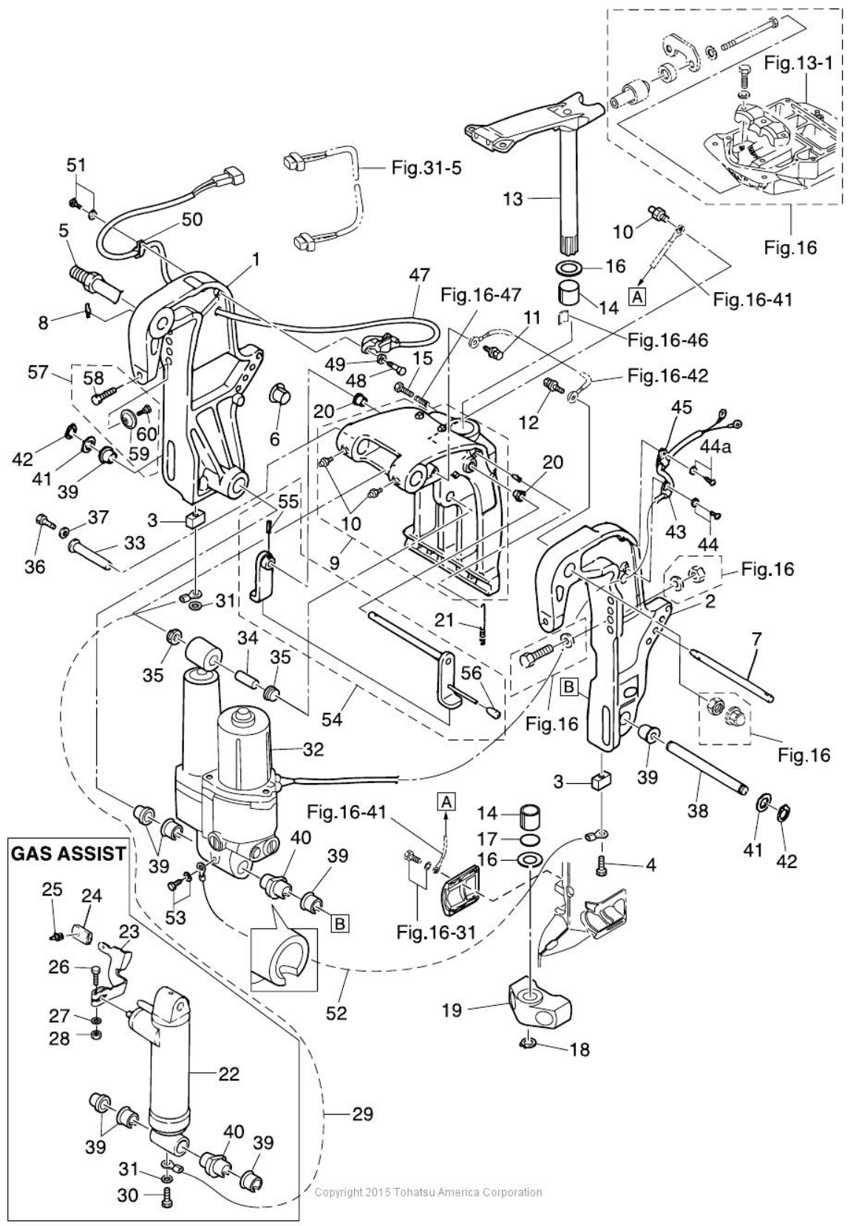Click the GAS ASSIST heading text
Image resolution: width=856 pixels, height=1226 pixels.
67,853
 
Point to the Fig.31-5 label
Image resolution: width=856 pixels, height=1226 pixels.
426,168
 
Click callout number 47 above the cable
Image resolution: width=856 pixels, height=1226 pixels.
418,275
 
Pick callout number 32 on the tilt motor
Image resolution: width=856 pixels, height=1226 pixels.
313,748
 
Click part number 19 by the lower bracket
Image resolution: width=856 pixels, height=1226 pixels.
452,1010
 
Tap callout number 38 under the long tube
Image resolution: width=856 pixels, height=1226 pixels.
697,810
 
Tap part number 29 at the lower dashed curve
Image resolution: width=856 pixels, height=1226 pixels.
362,1113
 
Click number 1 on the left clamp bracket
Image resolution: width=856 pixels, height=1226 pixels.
256,260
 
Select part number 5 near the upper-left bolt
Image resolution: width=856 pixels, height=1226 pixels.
64,231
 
